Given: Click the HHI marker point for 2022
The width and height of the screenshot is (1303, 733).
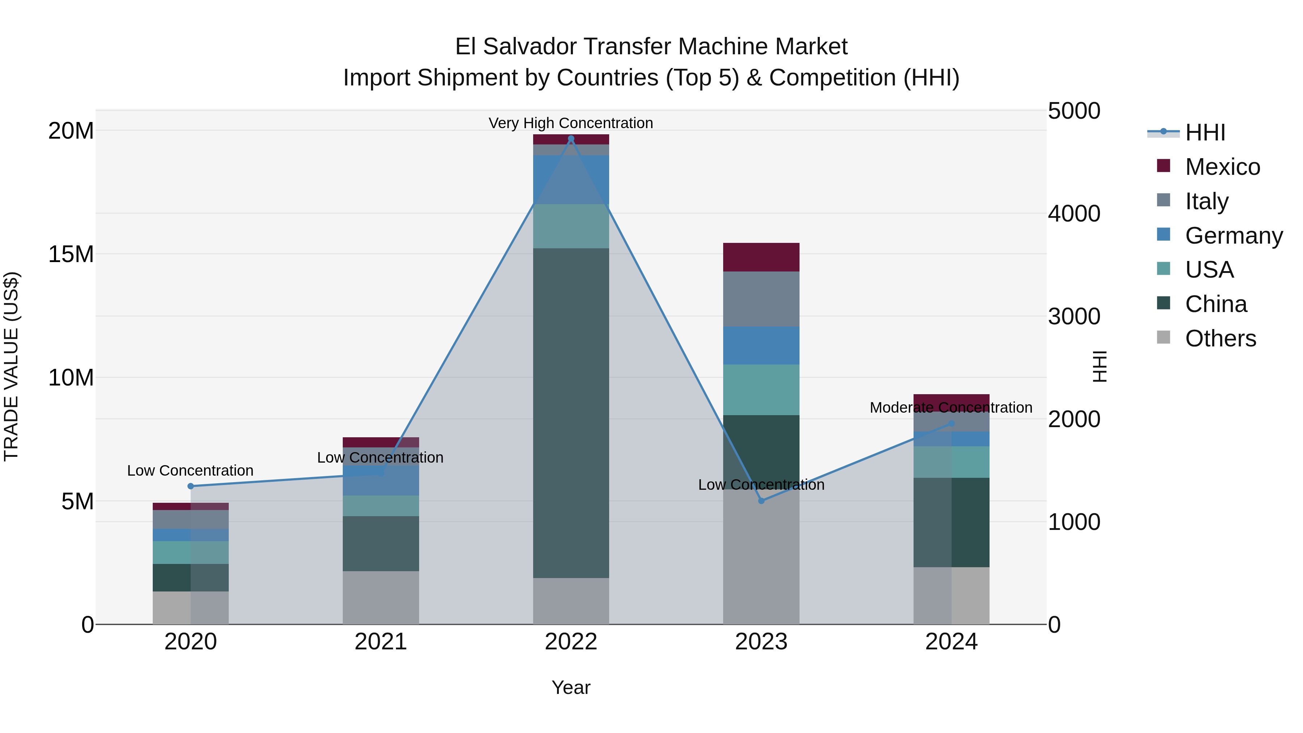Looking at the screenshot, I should [x=571, y=139].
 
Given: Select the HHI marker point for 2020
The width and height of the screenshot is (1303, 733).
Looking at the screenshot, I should [x=191, y=486].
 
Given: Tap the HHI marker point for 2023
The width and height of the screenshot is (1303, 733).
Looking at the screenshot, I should [x=761, y=501].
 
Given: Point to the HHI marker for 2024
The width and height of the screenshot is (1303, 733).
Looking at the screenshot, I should [x=952, y=424].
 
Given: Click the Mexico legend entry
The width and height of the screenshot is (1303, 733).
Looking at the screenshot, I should [x=1222, y=167].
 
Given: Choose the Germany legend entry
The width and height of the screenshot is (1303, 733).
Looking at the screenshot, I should [x=1233, y=236].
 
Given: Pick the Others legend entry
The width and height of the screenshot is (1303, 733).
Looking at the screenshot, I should [x=1220, y=338].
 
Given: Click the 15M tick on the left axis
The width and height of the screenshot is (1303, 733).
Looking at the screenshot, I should [x=71, y=254].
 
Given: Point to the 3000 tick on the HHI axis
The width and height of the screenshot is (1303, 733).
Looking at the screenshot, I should [x=1074, y=317].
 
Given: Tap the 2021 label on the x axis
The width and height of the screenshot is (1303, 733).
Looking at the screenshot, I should [x=381, y=642].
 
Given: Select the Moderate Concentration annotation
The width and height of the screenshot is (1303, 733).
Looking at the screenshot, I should [x=951, y=407].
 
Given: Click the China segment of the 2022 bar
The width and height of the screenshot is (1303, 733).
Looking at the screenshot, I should [x=571, y=412].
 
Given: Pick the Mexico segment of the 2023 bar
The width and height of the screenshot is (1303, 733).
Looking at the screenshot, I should [x=761, y=257].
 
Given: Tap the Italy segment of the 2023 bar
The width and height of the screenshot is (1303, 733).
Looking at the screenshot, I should [x=761, y=299].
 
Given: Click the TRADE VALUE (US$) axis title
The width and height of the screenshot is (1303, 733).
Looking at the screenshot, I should [x=11, y=366].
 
